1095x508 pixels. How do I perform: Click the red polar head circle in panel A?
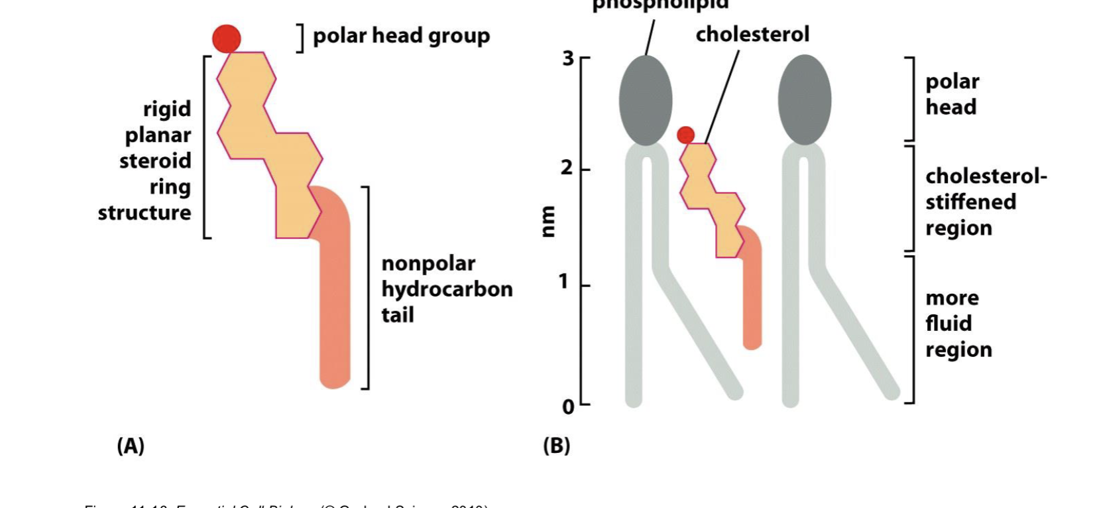227,38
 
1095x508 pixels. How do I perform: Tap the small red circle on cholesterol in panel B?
685,135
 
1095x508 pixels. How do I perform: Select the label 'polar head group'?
401,36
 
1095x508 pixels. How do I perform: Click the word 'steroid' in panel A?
155,161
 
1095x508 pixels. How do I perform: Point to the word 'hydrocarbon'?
447,290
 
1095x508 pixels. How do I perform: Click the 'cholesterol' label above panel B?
752,34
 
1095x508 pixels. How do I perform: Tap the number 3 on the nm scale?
568,58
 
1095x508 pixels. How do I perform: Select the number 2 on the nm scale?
566,168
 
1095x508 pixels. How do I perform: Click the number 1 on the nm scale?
564,282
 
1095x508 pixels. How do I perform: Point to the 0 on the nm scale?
568,407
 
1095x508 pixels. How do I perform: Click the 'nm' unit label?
547,222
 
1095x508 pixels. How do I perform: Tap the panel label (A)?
131,446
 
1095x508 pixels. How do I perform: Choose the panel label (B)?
556,446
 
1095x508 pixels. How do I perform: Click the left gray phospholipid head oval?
646,100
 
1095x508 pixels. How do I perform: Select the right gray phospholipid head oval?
805,100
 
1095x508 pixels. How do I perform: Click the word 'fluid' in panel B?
949,324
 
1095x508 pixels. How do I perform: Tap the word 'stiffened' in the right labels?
970,202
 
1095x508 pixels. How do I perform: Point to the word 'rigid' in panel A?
167,109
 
